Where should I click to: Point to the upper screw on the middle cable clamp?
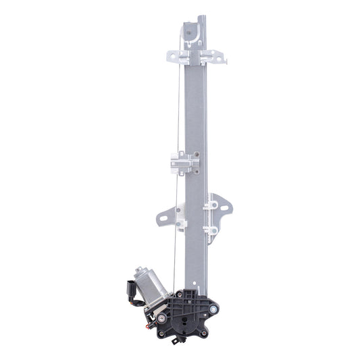click(196, 155)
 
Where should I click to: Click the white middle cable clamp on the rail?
click(183, 162)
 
